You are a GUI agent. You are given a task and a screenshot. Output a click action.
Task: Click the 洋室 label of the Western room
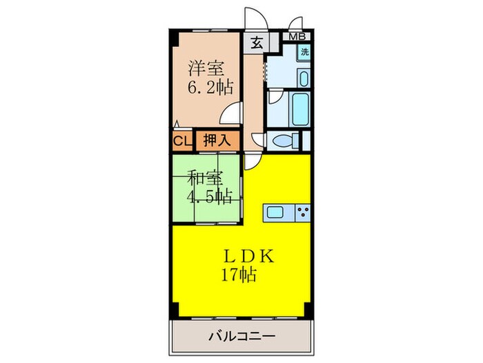click(206, 69)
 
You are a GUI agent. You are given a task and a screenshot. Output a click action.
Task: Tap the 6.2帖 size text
click(210, 88)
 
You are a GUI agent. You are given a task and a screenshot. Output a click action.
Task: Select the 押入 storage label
click(217, 141)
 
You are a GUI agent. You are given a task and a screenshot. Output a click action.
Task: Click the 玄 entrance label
click(255, 42)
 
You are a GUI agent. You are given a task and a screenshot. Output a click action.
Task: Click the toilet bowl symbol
click(286, 140)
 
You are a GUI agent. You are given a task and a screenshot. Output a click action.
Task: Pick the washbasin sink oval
click(303, 77)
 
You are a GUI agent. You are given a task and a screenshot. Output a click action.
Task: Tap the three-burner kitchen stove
click(302, 211)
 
